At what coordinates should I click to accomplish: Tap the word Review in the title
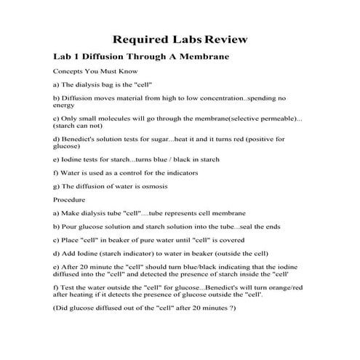tap(227, 39)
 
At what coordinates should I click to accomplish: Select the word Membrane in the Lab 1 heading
tap(204, 56)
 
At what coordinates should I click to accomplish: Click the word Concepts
tap(67, 72)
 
